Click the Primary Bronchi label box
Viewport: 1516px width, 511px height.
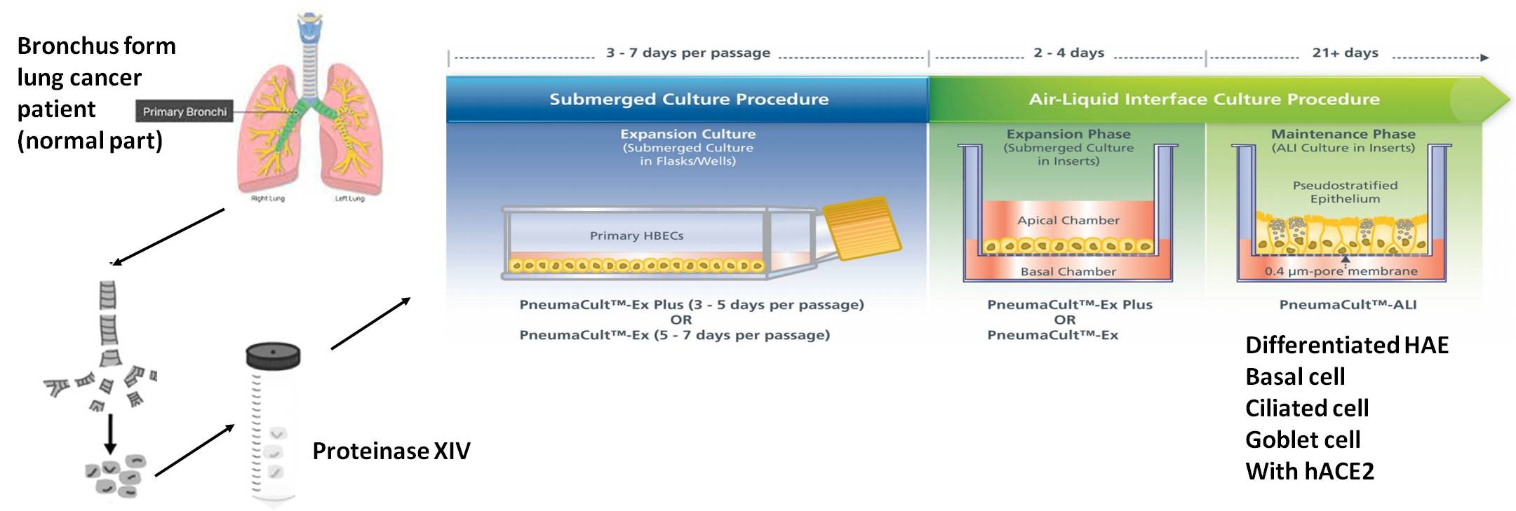tap(184, 111)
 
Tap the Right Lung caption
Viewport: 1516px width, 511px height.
tap(267, 199)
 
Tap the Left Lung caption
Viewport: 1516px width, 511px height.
tap(349, 199)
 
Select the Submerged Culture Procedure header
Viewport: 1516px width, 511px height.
tap(688, 100)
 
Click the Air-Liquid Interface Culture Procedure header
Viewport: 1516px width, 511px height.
tap(1204, 100)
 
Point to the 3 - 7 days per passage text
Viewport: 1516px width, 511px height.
tap(687, 53)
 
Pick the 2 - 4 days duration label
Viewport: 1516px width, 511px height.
tap(1068, 53)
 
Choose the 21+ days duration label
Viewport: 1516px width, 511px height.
tap(1345, 53)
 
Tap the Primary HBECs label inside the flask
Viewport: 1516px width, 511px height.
tap(636, 236)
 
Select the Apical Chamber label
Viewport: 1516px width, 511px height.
tap(1068, 220)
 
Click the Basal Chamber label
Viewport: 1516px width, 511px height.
tap(1068, 271)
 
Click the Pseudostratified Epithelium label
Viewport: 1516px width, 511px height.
tap(1345, 192)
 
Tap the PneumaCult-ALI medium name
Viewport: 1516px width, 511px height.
tap(1348, 305)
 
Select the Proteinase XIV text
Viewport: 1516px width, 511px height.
tap(391, 451)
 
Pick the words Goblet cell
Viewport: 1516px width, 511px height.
tap(1303, 440)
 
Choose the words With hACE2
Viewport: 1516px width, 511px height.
tap(1309, 471)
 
